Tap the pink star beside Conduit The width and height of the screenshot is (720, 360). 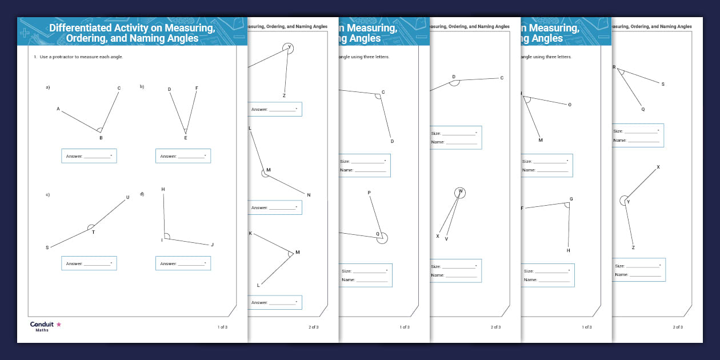click(x=58, y=325)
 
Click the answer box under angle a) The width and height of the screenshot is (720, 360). click(x=89, y=156)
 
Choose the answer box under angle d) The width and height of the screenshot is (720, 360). click(x=183, y=263)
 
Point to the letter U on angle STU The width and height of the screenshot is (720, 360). click(x=127, y=198)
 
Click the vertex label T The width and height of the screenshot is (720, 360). click(x=93, y=232)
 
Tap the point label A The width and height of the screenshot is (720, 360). click(x=58, y=109)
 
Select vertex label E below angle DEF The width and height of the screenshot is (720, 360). click(x=185, y=138)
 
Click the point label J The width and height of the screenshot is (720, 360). click(x=212, y=245)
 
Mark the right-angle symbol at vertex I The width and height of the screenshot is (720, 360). click(x=166, y=236)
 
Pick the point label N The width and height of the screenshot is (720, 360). click(x=309, y=195)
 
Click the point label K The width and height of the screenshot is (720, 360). click(x=250, y=233)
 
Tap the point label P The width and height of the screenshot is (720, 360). click(x=369, y=193)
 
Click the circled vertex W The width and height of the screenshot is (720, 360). click(x=461, y=192)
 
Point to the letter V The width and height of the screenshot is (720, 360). click(x=446, y=239)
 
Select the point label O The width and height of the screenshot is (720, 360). click(x=569, y=105)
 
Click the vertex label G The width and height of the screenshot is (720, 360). click(x=571, y=199)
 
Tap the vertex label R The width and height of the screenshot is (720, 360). click(x=614, y=67)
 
